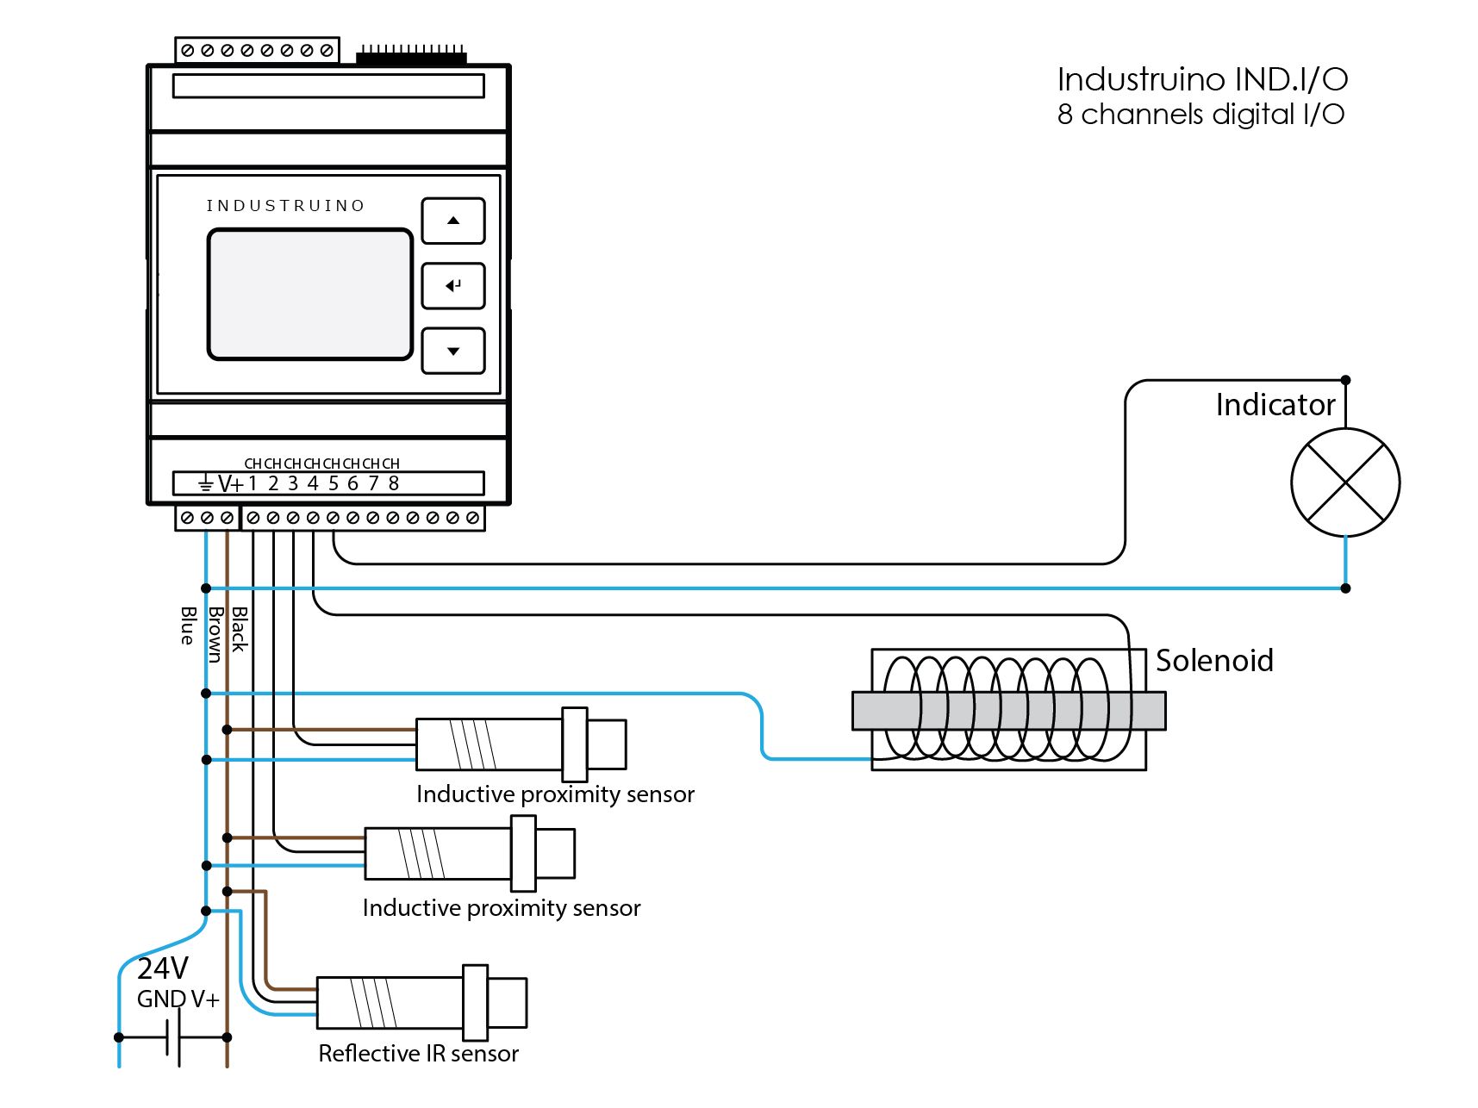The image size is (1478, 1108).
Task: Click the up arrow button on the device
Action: tap(453, 221)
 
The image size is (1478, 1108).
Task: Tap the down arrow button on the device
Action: tap(453, 351)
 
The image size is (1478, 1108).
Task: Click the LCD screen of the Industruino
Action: tap(310, 294)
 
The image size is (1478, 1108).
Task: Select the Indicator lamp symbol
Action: tap(1344, 482)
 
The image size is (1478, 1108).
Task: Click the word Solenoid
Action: tap(1214, 661)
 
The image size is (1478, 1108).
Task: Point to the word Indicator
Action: tap(1275, 405)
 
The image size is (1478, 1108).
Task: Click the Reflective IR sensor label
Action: tap(418, 1054)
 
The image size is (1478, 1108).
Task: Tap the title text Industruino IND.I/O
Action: tap(1202, 80)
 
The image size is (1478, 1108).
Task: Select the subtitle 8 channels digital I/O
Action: tap(1200, 115)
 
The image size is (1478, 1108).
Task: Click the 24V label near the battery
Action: tap(162, 968)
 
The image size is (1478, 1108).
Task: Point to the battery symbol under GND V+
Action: tap(173, 1037)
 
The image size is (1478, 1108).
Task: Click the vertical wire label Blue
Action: tap(188, 626)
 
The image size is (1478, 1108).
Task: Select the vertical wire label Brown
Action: tap(215, 634)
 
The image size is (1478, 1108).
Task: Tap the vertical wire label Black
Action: tap(240, 629)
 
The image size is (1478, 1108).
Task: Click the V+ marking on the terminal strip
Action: tap(230, 484)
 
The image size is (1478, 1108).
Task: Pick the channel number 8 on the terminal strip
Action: tap(394, 483)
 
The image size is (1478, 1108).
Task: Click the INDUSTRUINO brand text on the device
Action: tap(285, 206)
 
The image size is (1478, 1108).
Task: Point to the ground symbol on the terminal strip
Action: tap(205, 484)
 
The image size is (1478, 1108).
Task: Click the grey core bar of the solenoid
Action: tap(1008, 711)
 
